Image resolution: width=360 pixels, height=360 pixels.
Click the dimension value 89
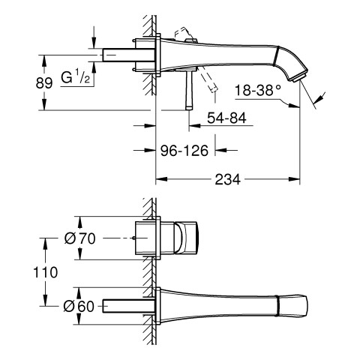click(x=44, y=82)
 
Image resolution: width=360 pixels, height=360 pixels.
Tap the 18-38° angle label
click(x=258, y=90)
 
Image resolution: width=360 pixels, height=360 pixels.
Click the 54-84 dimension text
click(x=226, y=118)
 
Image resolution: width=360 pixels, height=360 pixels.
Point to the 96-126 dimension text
click(x=184, y=151)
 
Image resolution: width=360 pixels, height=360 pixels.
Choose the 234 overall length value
click(x=227, y=179)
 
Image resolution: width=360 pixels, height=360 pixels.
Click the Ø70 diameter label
click(x=80, y=238)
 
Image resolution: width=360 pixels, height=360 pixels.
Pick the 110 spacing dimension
click(x=45, y=272)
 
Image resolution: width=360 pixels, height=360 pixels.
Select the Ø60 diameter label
click(x=79, y=306)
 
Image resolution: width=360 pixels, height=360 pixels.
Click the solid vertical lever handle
click(x=189, y=90)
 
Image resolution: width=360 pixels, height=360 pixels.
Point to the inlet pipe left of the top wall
click(x=128, y=55)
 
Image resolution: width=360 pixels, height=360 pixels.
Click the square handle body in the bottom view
click(x=185, y=238)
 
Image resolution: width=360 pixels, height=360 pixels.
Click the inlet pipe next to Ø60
click(x=128, y=305)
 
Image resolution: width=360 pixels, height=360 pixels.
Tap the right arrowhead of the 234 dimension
click(x=294, y=179)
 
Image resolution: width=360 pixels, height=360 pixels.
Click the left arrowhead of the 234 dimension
click(x=161, y=179)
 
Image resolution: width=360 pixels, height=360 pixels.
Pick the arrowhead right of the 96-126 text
click(x=220, y=150)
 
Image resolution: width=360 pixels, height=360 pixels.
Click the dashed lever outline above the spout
click(x=184, y=34)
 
